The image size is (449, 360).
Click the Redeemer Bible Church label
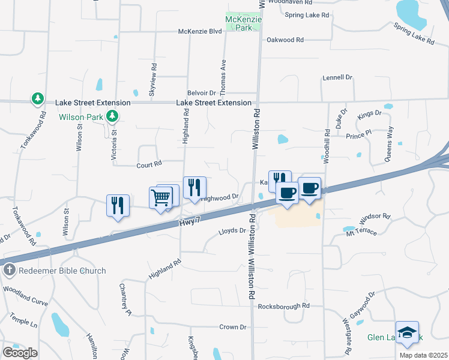(x=62, y=271)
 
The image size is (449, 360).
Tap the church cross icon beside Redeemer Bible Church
(x=8, y=271)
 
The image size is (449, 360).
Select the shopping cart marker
(x=160, y=197)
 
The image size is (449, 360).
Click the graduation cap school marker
(x=407, y=332)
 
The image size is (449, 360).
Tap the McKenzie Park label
(x=243, y=23)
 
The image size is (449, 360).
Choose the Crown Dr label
(x=233, y=327)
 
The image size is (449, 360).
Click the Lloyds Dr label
(x=232, y=230)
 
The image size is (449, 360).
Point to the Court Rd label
(x=149, y=164)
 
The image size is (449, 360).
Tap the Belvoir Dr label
(x=201, y=93)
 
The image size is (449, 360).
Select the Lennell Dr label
(x=337, y=77)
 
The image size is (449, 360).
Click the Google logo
(x=20, y=353)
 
